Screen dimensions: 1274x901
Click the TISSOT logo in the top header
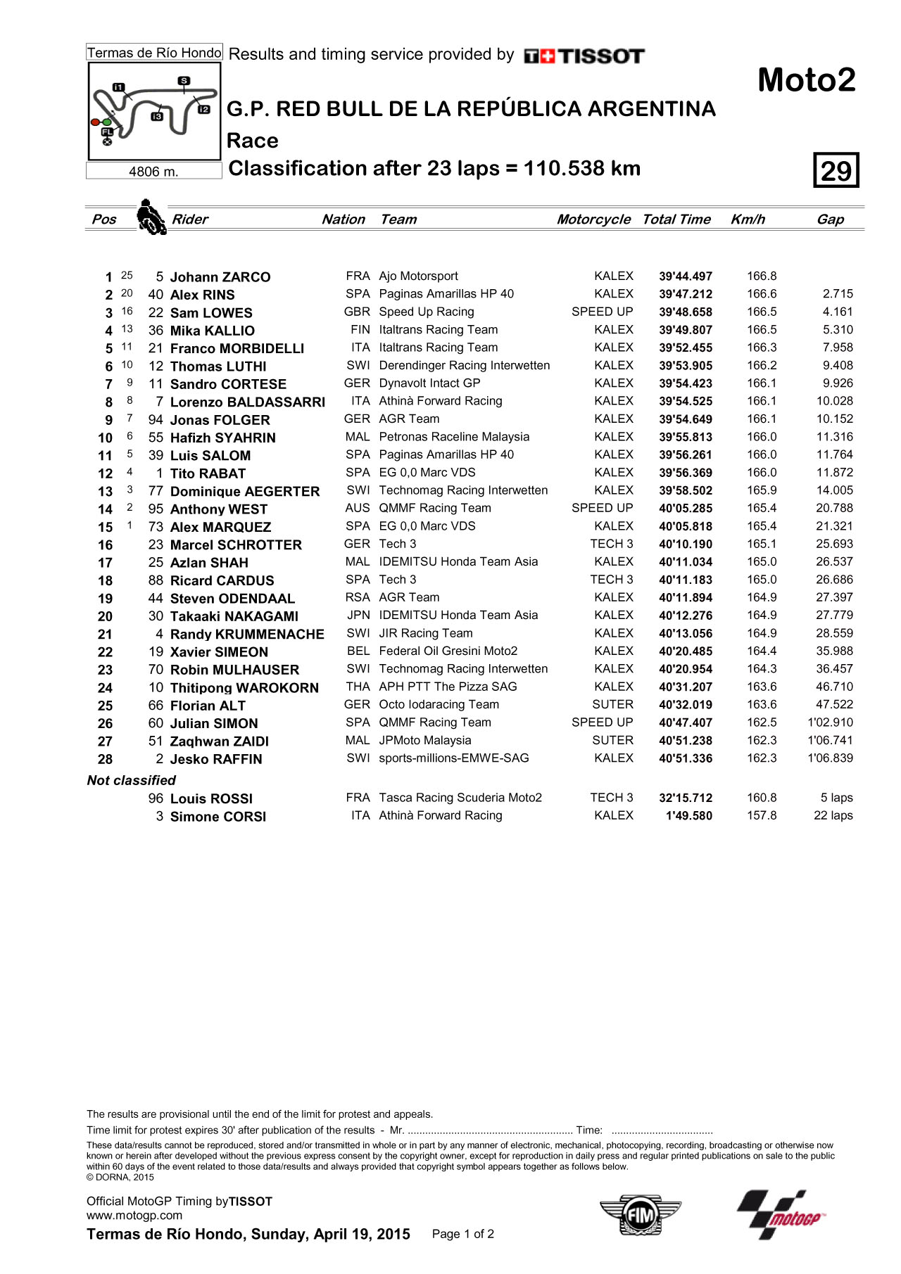[x=584, y=56]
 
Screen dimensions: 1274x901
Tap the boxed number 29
[x=836, y=170]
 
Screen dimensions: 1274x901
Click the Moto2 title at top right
[x=807, y=80]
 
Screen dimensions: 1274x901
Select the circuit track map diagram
[x=154, y=110]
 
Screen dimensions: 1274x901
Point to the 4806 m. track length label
[x=153, y=172]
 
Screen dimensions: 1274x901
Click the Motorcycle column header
[x=593, y=219]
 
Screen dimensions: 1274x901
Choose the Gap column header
[x=830, y=219]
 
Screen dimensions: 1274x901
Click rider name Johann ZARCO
[x=220, y=277]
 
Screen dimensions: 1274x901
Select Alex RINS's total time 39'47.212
[x=685, y=295]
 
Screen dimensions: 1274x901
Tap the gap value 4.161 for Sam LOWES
[x=838, y=312]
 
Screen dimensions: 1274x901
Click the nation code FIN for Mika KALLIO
[x=360, y=330]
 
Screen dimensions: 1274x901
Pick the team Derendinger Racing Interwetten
[x=464, y=366]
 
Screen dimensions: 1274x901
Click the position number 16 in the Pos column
[x=105, y=545]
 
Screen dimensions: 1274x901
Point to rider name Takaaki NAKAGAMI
[x=234, y=616]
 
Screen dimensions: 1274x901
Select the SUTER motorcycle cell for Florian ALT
[x=612, y=705]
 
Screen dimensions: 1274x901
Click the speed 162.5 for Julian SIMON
[x=762, y=722]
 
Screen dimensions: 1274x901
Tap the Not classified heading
[x=131, y=780]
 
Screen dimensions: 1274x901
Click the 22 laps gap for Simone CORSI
[x=833, y=816]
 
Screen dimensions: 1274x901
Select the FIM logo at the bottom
[x=641, y=1215]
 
